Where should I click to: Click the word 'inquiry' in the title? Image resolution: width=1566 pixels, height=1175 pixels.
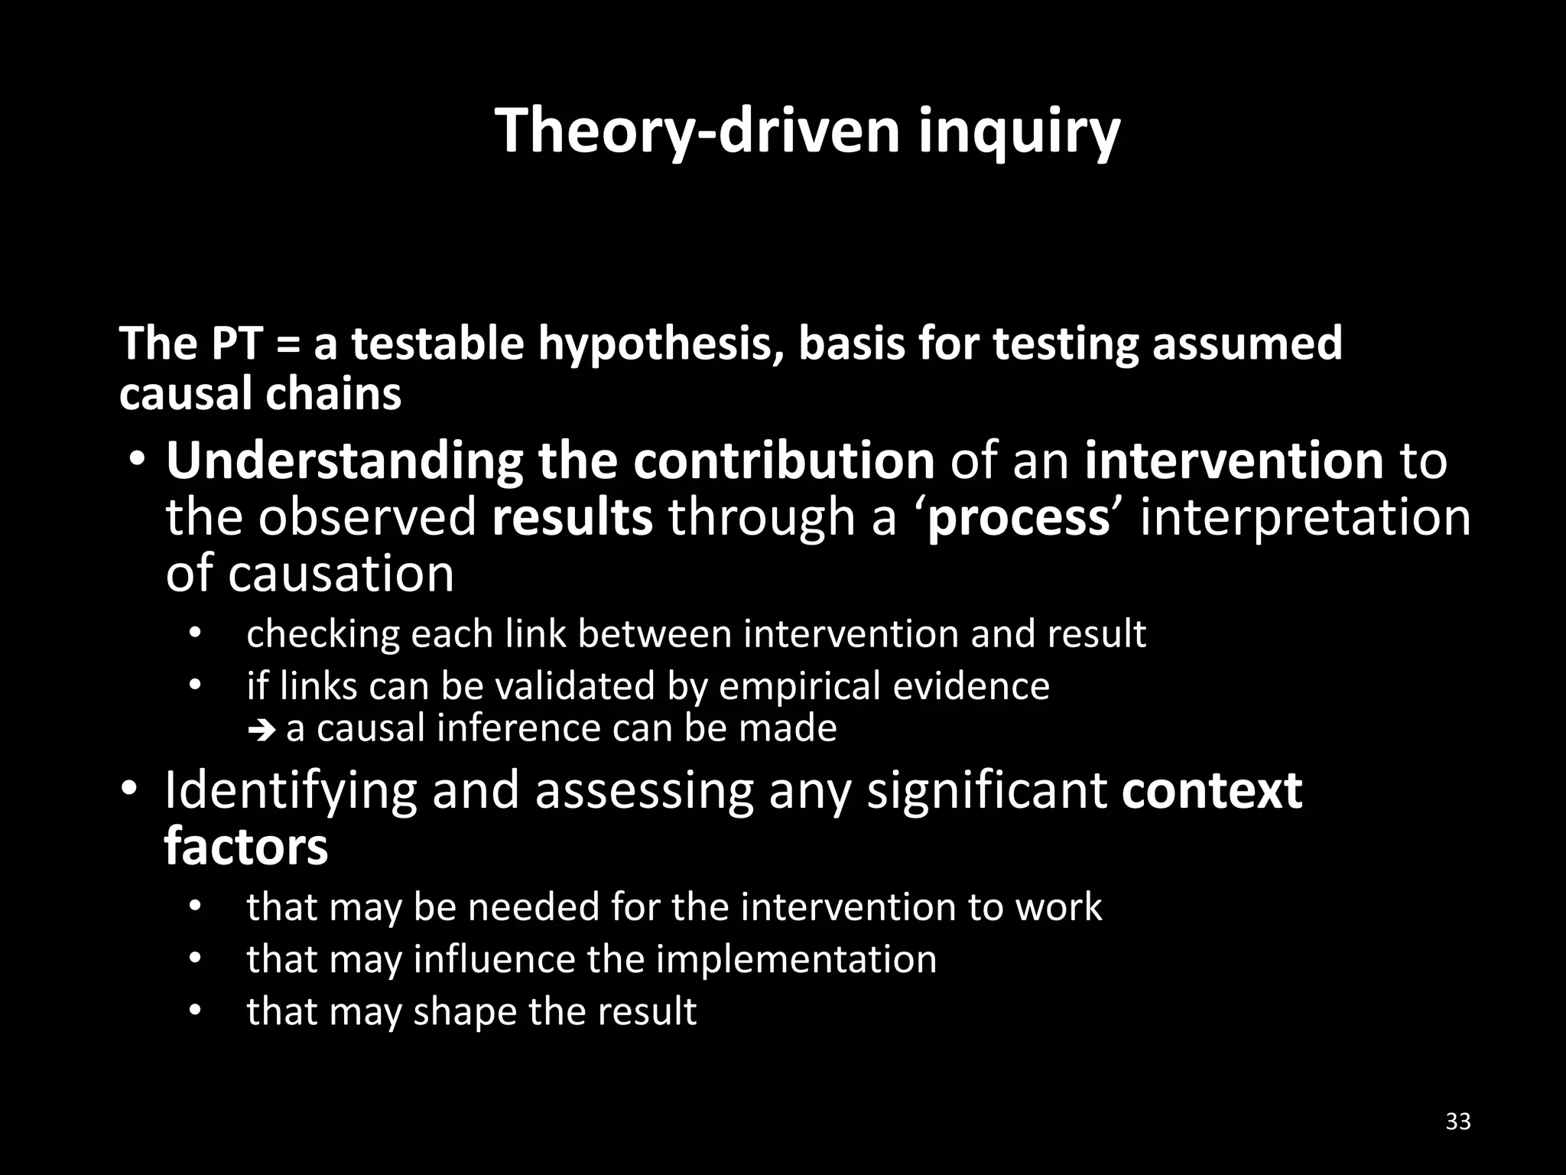1019,132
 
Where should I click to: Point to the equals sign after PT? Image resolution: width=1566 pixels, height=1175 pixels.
287,343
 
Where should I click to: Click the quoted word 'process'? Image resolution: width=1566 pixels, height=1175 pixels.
1018,518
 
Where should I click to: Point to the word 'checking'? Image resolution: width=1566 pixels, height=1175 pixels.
323,634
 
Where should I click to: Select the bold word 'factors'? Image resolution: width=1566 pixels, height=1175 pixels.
246,847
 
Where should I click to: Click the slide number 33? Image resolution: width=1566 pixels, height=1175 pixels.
1458,1121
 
